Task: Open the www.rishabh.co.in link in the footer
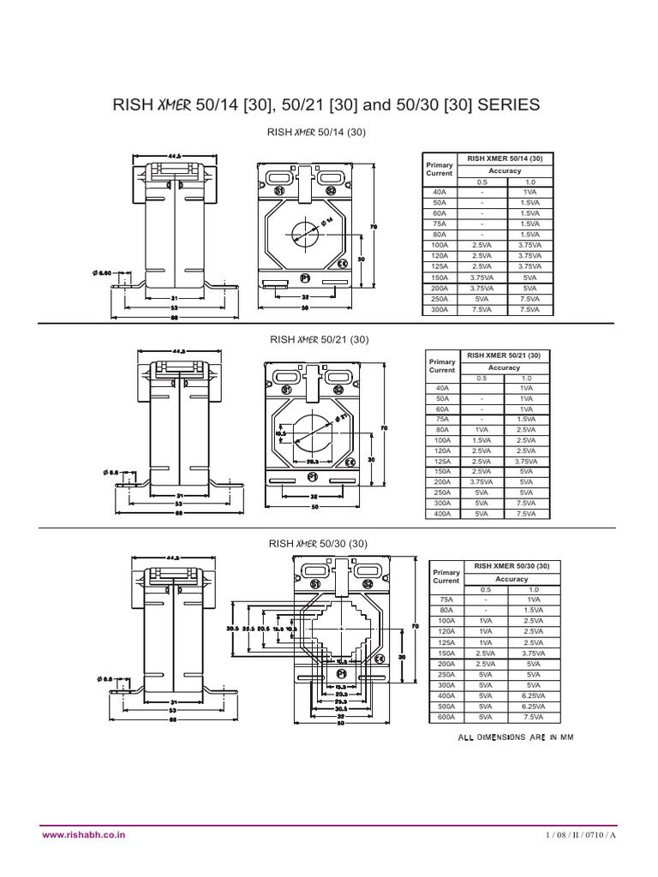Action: pyautogui.click(x=81, y=832)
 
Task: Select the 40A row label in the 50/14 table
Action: pyautogui.click(x=441, y=192)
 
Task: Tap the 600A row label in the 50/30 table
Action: pyautogui.click(x=446, y=716)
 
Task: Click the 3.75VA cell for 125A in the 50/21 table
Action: pyautogui.click(x=526, y=461)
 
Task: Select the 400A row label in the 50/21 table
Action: pyautogui.click(x=443, y=514)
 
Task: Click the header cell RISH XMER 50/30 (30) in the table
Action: pyautogui.click(x=511, y=566)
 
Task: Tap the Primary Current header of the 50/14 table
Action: pyautogui.click(x=440, y=168)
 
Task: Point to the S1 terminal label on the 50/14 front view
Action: pyautogui.click(x=279, y=191)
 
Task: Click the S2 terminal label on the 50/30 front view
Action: pyautogui.click(x=367, y=584)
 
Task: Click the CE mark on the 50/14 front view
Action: pyautogui.click(x=341, y=264)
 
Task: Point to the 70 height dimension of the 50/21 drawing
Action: pyautogui.click(x=385, y=427)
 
